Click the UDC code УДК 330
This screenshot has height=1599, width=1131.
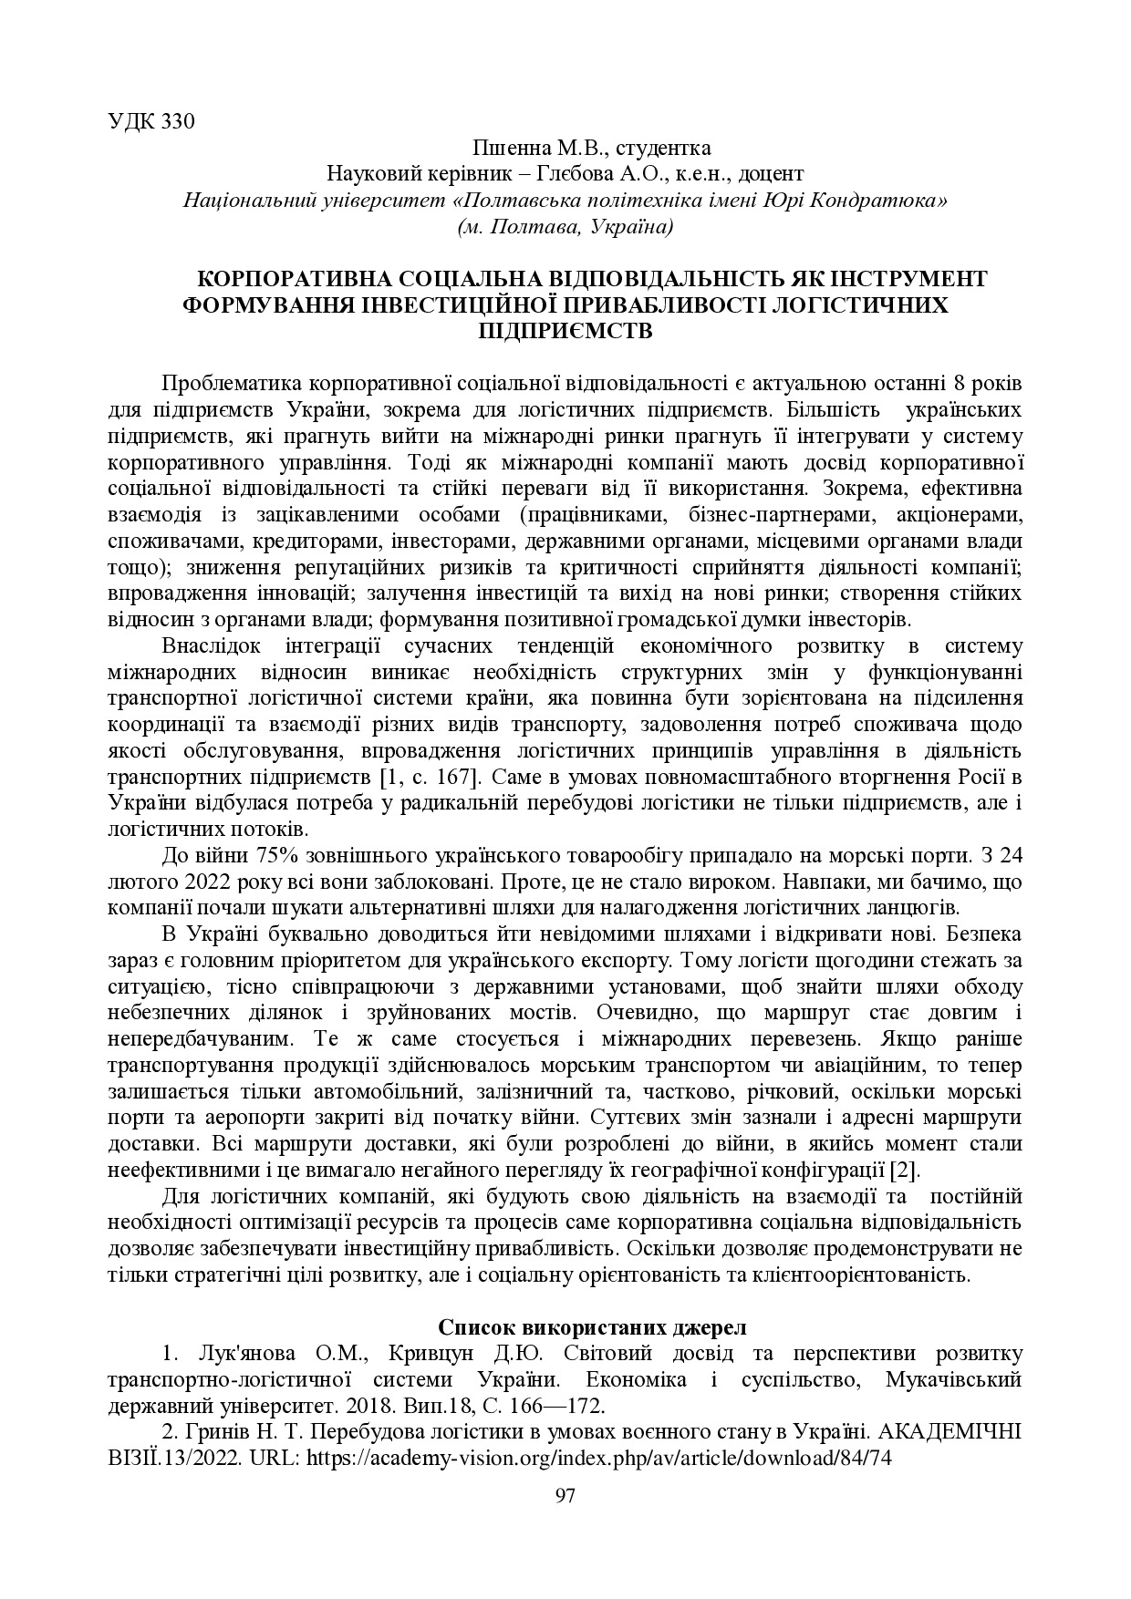point(151,122)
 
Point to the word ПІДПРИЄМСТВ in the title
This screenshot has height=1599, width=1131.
point(565,330)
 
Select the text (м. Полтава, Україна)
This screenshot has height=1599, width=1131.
point(565,226)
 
